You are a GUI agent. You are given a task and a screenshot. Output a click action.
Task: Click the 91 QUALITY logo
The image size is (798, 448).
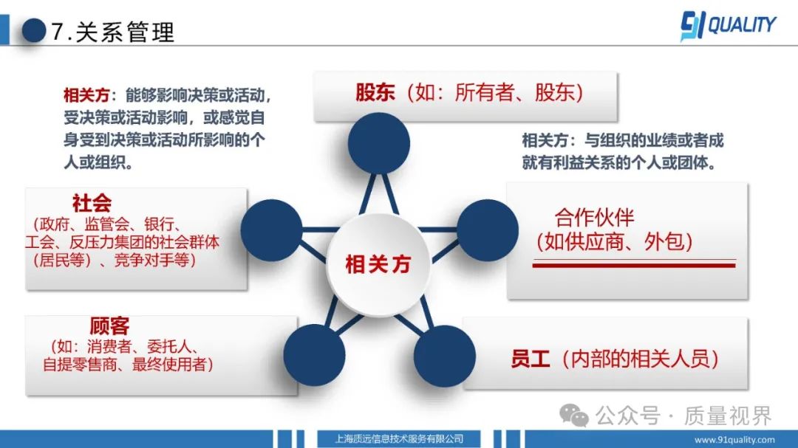coord(728,25)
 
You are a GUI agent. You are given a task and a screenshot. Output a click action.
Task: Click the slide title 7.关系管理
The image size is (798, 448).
coord(113,32)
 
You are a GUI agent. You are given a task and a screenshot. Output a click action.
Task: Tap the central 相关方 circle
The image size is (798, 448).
coord(378,264)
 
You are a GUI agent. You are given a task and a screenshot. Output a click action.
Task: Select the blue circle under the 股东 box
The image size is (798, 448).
coord(378,143)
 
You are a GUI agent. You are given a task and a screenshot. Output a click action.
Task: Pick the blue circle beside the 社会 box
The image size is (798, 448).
coord(271,230)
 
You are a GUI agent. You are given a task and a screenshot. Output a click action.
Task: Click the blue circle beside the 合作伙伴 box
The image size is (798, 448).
coord(488,230)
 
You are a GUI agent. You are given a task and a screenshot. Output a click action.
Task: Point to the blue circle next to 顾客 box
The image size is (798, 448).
coord(314,355)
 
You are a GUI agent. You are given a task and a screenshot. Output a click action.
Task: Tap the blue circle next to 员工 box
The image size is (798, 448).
coord(444,356)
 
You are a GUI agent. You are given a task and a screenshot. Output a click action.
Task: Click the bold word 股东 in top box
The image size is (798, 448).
coord(375,92)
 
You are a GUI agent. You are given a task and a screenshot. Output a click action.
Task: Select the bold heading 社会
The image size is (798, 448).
coord(92,203)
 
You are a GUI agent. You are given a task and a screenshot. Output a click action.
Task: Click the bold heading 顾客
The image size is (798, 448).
coord(109,325)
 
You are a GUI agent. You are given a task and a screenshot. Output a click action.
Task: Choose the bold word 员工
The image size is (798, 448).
coord(531,359)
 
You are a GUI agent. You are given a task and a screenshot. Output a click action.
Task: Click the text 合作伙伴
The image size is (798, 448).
coord(594,218)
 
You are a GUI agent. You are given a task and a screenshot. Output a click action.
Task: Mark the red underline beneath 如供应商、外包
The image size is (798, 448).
coord(634,264)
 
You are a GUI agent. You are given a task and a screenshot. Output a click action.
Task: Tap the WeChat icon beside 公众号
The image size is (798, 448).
coord(574,416)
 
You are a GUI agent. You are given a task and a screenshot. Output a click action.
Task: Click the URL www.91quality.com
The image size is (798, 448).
coord(734,440)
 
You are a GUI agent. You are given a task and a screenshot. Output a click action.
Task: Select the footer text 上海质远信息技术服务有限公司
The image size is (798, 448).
coord(399,439)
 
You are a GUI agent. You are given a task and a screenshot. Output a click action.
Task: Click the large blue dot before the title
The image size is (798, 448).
coord(34,30)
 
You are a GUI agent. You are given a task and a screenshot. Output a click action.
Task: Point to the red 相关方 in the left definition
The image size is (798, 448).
coord(86,95)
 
